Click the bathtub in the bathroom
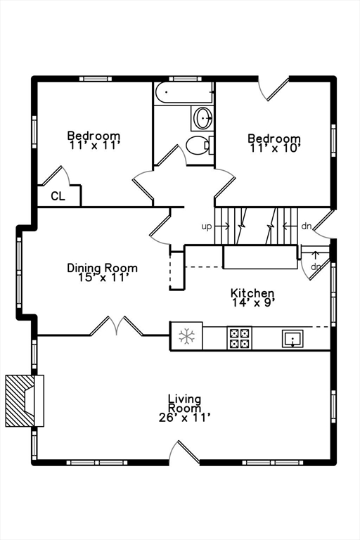184,92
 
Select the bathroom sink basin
203,118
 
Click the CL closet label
58,196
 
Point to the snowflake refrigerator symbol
187,336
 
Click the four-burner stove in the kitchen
240,338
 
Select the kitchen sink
292,338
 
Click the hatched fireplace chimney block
20,401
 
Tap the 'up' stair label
206,227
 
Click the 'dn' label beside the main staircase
307,226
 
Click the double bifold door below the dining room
117,326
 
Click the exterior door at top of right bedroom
274,89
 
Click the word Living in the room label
185,399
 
